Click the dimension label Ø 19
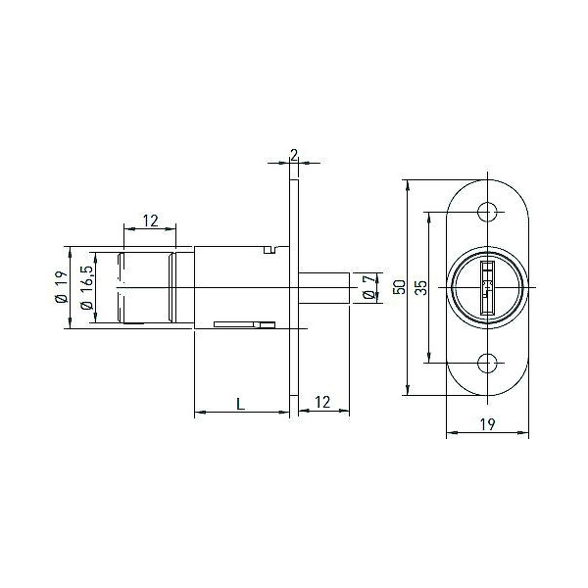tap(62, 287)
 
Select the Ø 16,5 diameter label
tap(86, 287)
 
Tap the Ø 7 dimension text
tap(368, 287)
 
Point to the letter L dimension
tap(241, 404)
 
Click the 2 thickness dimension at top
tap(294, 155)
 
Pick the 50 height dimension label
tap(401, 287)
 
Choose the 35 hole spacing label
tap(421, 287)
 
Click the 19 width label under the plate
tap(487, 424)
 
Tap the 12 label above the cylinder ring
tap(150, 220)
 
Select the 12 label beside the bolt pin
tap(322, 402)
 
